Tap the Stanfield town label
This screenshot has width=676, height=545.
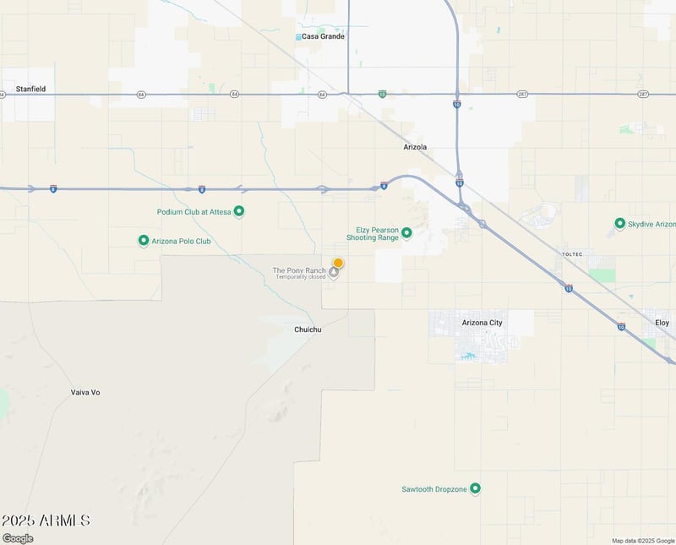pyautogui.click(x=30, y=89)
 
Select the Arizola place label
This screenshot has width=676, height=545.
pyautogui.click(x=415, y=147)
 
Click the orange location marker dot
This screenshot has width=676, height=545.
pyautogui.click(x=338, y=263)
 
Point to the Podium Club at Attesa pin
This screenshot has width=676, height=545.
pyautogui.click(x=239, y=211)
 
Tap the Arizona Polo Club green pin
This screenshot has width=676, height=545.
pyautogui.click(x=144, y=241)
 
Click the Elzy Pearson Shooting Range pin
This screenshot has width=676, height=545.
pyautogui.click(x=406, y=232)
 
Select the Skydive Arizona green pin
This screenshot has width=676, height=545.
pyautogui.click(x=620, y=224)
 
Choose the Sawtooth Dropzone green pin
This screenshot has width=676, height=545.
pyautogui.click(x=475, y=488)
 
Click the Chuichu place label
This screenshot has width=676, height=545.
pyautogui.click(x=308, y=330)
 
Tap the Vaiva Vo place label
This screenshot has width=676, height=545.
pyautogui.click(x=85, y=392)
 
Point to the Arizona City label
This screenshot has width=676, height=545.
pyautogui.click(x=482, y=323)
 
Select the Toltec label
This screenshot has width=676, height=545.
pyautogui.click(x=572, y=253)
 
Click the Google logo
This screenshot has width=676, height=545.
pyautogui.click(x=18, y=538)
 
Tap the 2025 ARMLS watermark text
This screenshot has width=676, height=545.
pyautogui.click(x=46, y=520)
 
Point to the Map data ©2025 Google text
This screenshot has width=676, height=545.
pyautogui.click(x=642, y=541)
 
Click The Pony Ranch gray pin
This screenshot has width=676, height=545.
pyautogui.click(x=335, y=272)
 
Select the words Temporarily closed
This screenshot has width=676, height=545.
pyautogui.click(x=300, y=277)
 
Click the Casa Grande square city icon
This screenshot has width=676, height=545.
pyautogui.click(x=299, y=37)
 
